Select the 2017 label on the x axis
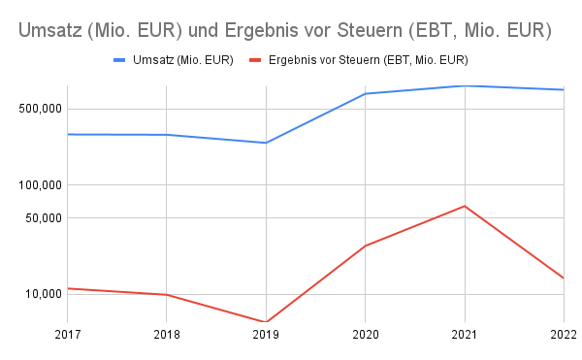(67, 336)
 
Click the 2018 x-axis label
(167, 336)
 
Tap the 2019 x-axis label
(266, 336)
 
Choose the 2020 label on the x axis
(365, 336)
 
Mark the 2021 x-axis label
(465, 336)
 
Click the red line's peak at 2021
(465, 206)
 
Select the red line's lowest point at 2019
(266, 321)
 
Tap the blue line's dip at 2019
(266, 143)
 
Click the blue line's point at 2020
(365, 94)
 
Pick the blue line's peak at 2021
(465, 85)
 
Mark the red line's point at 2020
(365, 246)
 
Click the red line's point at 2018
(167, 294)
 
